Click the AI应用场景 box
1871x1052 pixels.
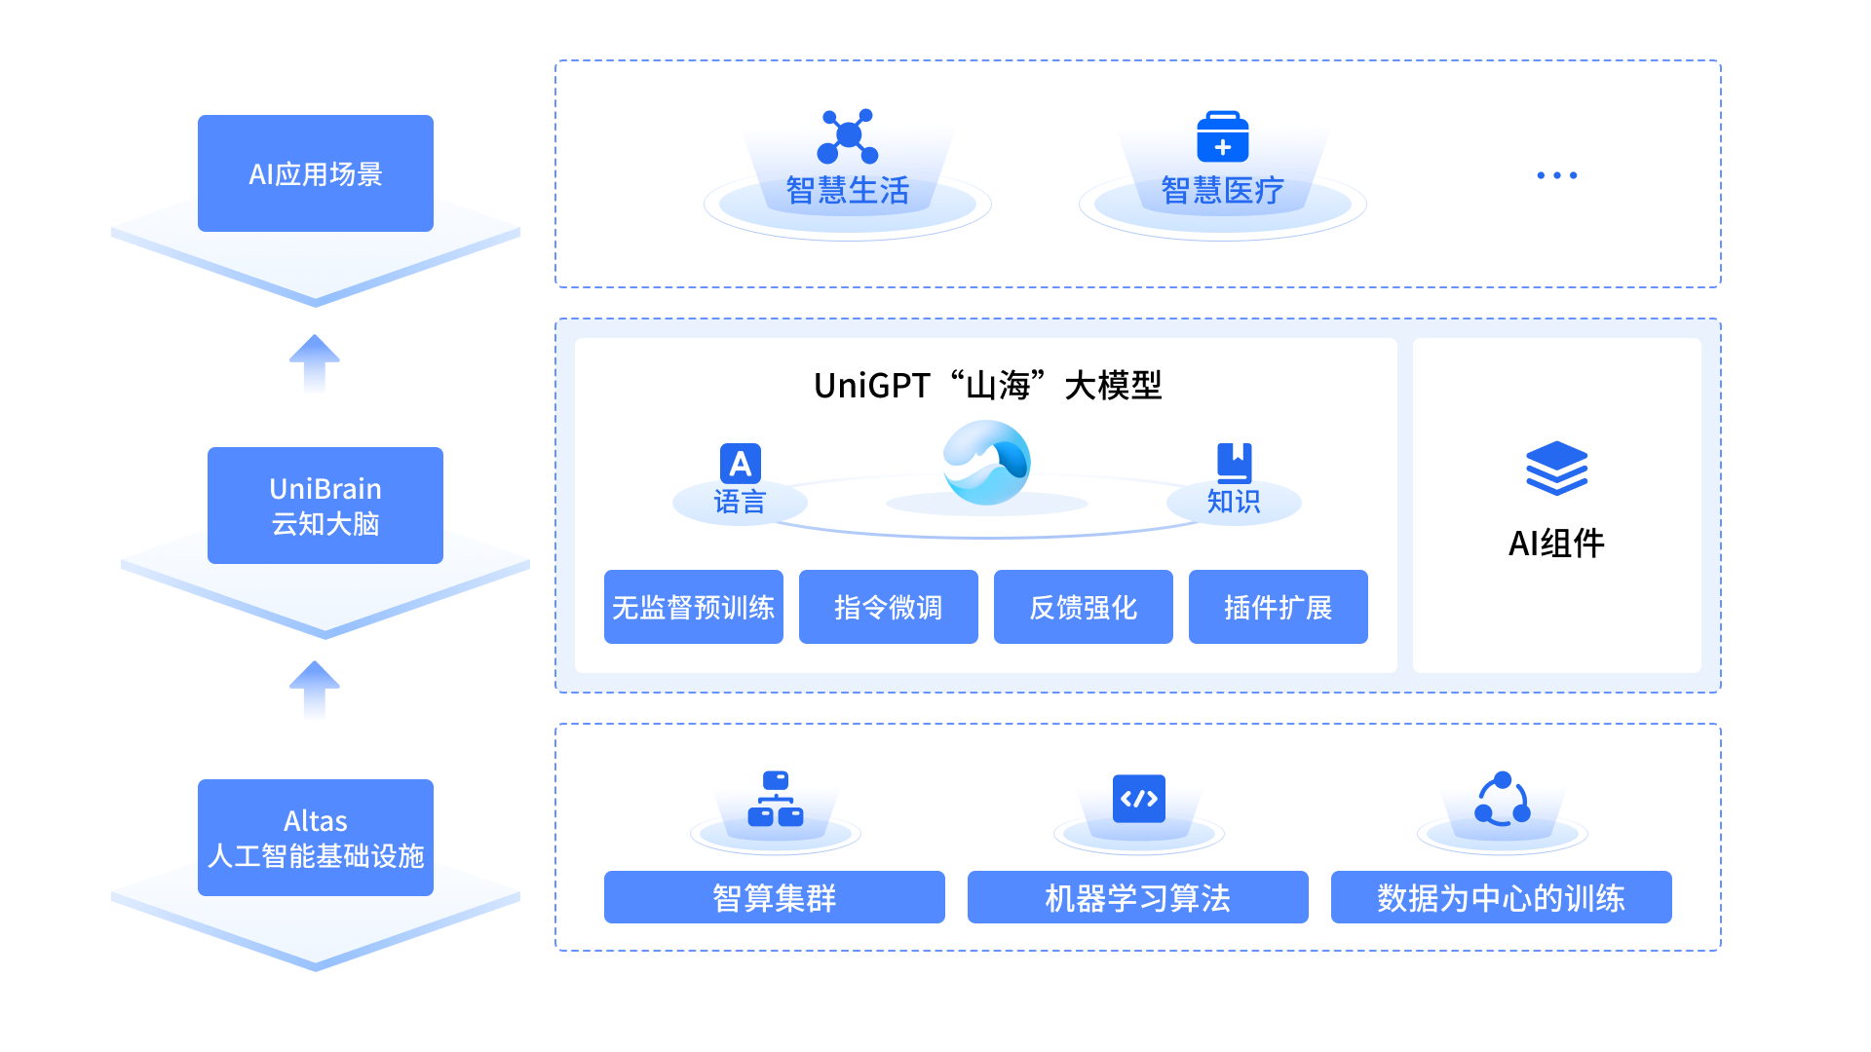(315, 173)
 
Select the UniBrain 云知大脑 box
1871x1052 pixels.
(325, 505)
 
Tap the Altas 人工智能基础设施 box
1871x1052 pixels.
(315, 838)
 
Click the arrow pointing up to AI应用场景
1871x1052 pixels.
(314, 363)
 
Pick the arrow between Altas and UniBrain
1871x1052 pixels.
(314, 690)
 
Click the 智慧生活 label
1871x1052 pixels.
(847, 190)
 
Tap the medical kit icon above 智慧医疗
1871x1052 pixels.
(1222, 136)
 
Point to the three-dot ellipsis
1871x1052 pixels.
(1556, 175)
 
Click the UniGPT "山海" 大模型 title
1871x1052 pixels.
(987, 386)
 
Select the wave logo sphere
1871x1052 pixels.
(986, 463)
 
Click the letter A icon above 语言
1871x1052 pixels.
(740, 463)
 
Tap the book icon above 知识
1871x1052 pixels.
(1234, 462)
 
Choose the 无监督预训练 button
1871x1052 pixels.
(693, 607)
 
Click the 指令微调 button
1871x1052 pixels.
(888, 607)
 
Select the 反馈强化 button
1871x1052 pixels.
(1083, 607)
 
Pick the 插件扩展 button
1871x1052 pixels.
(1278, 607)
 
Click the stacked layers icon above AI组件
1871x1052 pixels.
(1556, 468)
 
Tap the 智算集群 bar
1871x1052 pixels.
(774, 897)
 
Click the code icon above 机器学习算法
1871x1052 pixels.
(1138, 799)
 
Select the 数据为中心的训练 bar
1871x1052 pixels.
(1501, 897)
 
